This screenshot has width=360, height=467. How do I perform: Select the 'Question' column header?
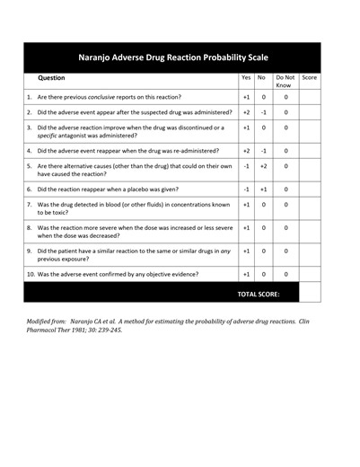pyautogui.click(x=52, y=78)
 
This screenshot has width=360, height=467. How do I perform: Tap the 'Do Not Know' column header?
pyautogui.click(x=285, y=81)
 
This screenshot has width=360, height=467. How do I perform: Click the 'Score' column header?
pyautogui.click(x=310, y=78)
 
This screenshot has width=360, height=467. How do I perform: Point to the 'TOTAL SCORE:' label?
pyautogui.click(x=259, y=294)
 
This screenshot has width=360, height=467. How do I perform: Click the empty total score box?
pyautogui.click(x=310, y=293)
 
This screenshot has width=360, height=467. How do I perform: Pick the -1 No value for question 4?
pyautogui.click(x=263, y=151)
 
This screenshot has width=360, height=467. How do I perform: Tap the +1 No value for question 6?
pyautogui.click(x=263, y=189)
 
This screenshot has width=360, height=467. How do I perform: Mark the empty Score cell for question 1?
pyautogui.click(x=310, y=96)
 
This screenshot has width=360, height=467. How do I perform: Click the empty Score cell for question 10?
pyautogui.click(x=310, y=273)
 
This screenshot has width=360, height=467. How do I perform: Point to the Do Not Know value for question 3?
pyautogui.click(x=286, y=128)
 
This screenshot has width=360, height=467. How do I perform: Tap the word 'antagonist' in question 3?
pyautogui.click(x=83, y=136)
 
